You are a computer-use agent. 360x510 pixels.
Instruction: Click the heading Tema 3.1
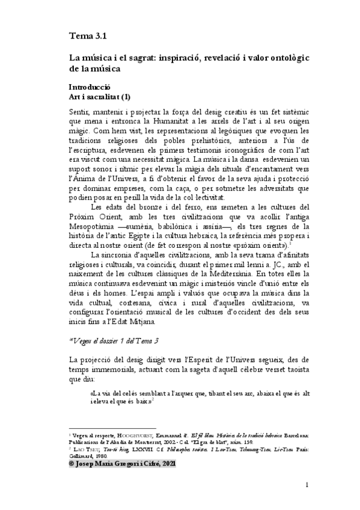click(88, 36)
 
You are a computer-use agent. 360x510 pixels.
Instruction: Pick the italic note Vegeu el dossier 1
click(114, 340)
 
